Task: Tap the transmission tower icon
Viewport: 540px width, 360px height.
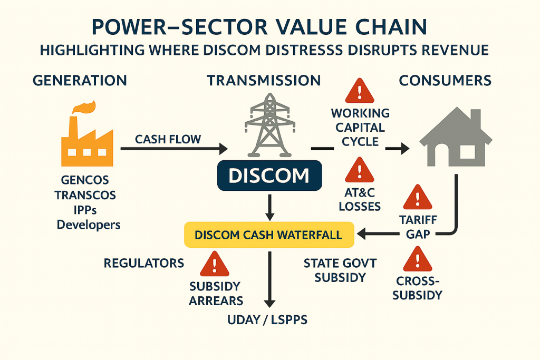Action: click(x=269, y=127)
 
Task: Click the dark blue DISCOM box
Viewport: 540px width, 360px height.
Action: click(x=269, y=175)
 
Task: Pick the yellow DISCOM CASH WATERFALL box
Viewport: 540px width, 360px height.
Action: click(x=269, y=235)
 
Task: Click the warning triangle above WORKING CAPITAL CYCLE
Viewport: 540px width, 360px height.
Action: click(x=360, y=91)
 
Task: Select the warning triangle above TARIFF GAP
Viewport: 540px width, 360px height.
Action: click(x=417, y=197)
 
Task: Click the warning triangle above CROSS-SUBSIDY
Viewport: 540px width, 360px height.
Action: click(x=417, y=260)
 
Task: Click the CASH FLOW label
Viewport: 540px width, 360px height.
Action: click(x=168, y=139)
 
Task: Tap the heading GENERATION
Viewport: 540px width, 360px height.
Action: click(x=80, y=81)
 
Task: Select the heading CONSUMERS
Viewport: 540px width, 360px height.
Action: click(x=445, y=81)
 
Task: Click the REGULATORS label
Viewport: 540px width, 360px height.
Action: click(x=144, y=263)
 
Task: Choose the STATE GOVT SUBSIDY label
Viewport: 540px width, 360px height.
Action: click(x=340, y=270)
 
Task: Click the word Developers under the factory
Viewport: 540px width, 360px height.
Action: click(x=89, y=225)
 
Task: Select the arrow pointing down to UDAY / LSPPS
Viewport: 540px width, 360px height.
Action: click(x=269, y=279)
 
